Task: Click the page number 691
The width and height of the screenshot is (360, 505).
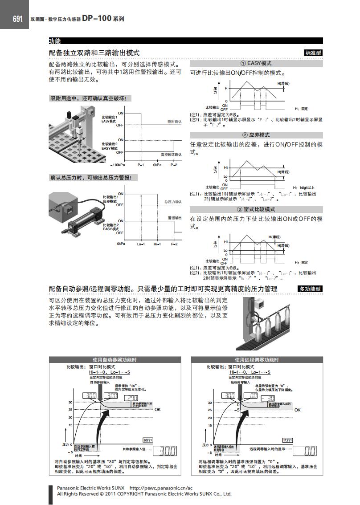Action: coord(17,19)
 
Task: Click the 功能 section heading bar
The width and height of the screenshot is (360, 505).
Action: coord(55,41)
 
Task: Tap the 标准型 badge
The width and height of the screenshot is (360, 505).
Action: coord(313,53)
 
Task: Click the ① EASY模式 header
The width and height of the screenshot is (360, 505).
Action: coord(256,64)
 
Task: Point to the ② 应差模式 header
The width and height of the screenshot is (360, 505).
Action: coord(256,135)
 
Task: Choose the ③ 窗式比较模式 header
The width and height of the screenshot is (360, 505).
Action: coord(256,209)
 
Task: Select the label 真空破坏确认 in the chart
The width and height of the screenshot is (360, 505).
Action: coord(171,154)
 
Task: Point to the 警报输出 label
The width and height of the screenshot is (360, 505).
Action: coord(174,218)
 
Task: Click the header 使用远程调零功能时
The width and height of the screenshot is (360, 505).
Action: coord(257,360)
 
